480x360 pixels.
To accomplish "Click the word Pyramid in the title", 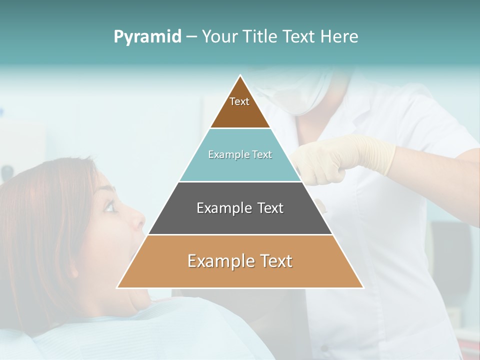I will (x=147, y=37).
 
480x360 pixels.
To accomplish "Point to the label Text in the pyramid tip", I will (x=239, y=101).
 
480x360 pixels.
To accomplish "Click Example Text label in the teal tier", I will (x=240, y=154).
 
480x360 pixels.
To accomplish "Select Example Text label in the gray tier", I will (x=240, y=208).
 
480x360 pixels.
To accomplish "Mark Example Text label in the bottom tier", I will (x=240, y=261).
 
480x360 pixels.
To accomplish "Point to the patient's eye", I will (x=110, y=206).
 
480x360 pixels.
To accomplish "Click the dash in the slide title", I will (x=191, y=37).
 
